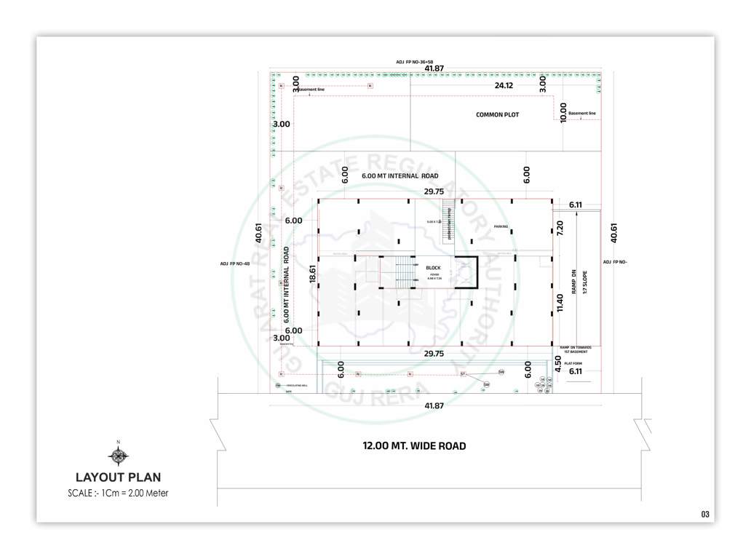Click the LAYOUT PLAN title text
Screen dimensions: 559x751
118,477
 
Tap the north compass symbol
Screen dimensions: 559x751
119,455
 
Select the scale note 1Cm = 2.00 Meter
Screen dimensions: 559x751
118,493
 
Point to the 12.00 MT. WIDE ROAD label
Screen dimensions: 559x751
414,445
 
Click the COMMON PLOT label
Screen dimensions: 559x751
498,115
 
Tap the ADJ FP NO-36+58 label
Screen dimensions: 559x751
415,63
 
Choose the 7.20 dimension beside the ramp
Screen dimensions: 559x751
560,228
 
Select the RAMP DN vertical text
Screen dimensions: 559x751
573,281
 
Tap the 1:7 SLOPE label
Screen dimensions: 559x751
584,281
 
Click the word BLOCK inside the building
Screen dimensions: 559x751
433,268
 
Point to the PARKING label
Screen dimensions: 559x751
501,226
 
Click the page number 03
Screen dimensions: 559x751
705,515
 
